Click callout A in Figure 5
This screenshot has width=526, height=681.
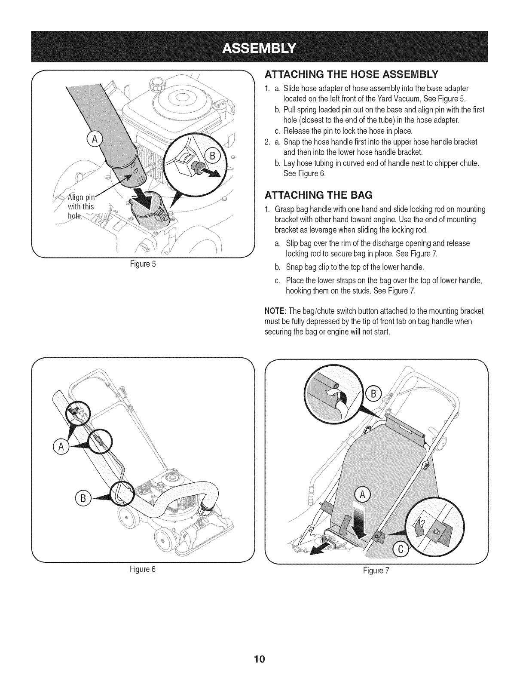(94, 141)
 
